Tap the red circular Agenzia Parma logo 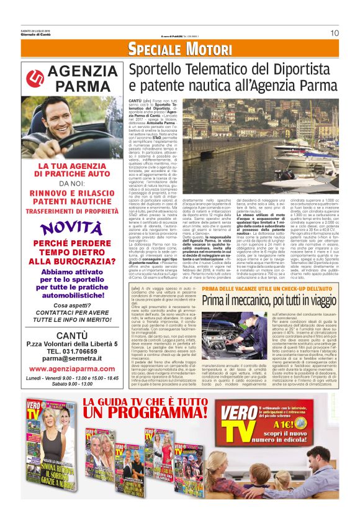[x=37, y=78]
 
